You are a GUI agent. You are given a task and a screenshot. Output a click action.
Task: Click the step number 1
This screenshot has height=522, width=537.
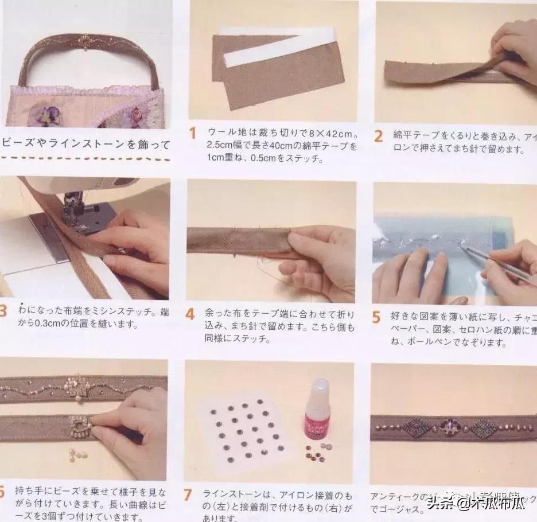coord(193,133)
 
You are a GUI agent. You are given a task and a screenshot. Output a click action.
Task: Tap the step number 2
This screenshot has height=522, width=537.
coord(378,137)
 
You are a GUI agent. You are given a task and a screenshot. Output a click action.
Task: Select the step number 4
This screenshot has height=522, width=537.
coord(190,314)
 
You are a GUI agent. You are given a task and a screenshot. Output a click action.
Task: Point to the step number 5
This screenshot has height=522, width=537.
coord(376,317)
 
